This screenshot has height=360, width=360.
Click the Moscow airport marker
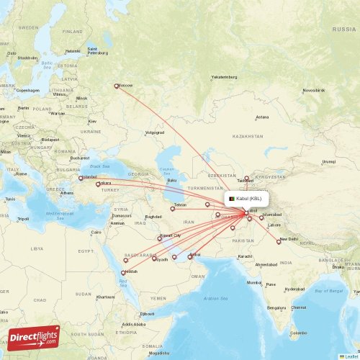point(117,86)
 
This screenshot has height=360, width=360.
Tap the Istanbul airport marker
point(81,178)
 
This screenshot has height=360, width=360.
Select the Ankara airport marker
point(98,185)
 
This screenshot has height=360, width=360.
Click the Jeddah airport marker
point(123,272)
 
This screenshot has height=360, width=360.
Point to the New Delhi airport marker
point(279,242)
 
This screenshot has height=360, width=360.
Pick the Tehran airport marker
point(173,209)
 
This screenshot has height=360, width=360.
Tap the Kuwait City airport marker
point(160,239)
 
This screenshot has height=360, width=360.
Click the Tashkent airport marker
point(246,178)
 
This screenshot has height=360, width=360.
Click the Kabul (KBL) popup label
point(249,199)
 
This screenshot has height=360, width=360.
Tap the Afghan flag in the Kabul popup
point(232,199)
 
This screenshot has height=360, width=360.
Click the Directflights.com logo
point(34,337)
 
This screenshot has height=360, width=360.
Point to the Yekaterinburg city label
point(224,76)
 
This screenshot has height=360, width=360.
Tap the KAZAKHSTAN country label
point(248,136)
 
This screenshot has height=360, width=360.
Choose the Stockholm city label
point(27,58)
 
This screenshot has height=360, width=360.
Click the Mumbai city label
point(254,282)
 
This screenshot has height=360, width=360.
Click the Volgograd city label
point(155,132)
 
